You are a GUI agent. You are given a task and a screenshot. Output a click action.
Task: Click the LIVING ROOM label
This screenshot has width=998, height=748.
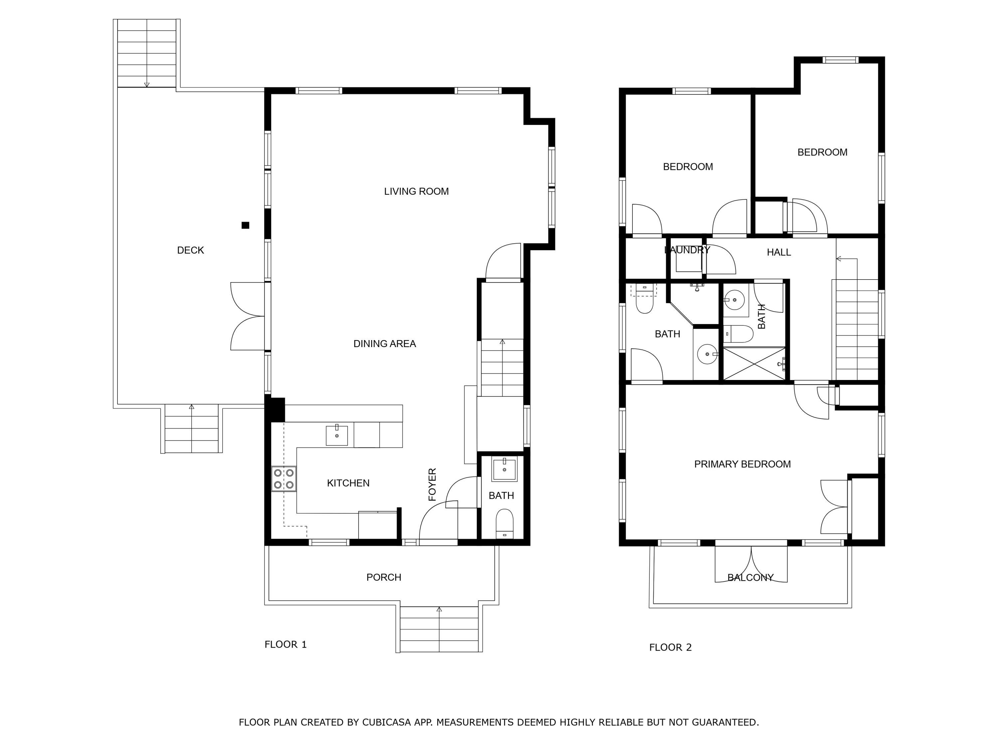[416, 191]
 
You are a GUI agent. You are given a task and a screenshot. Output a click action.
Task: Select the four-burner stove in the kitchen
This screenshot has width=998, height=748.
[284, 479]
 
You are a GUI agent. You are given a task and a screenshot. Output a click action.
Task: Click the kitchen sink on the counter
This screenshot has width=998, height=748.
[337, 436]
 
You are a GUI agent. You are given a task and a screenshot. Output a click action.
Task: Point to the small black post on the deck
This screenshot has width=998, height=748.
[246, 225]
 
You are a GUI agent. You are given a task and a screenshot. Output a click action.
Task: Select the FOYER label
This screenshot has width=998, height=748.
[432, 485]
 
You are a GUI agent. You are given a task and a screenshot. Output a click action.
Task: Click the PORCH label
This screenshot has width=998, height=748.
[384, 577]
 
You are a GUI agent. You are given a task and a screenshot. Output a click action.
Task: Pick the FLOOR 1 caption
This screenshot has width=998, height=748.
[285, 645]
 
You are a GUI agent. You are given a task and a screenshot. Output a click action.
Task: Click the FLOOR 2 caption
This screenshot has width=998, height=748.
[670, 648]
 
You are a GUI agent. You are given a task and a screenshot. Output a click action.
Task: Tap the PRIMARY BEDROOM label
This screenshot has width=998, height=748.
[742, 464]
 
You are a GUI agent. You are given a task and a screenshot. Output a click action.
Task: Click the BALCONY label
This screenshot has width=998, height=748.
[750, 577]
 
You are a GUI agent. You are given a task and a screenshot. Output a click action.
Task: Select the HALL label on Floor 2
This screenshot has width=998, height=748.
[779, 252]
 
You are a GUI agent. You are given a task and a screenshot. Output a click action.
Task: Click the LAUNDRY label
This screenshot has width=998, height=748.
[687, 250]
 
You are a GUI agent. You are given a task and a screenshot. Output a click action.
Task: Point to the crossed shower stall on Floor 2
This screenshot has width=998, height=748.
[753, 363]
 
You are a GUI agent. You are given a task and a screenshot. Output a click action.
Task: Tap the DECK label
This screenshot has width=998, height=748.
[190, 250]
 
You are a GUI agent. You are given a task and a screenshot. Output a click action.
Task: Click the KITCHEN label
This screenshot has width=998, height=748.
[348, 483]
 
